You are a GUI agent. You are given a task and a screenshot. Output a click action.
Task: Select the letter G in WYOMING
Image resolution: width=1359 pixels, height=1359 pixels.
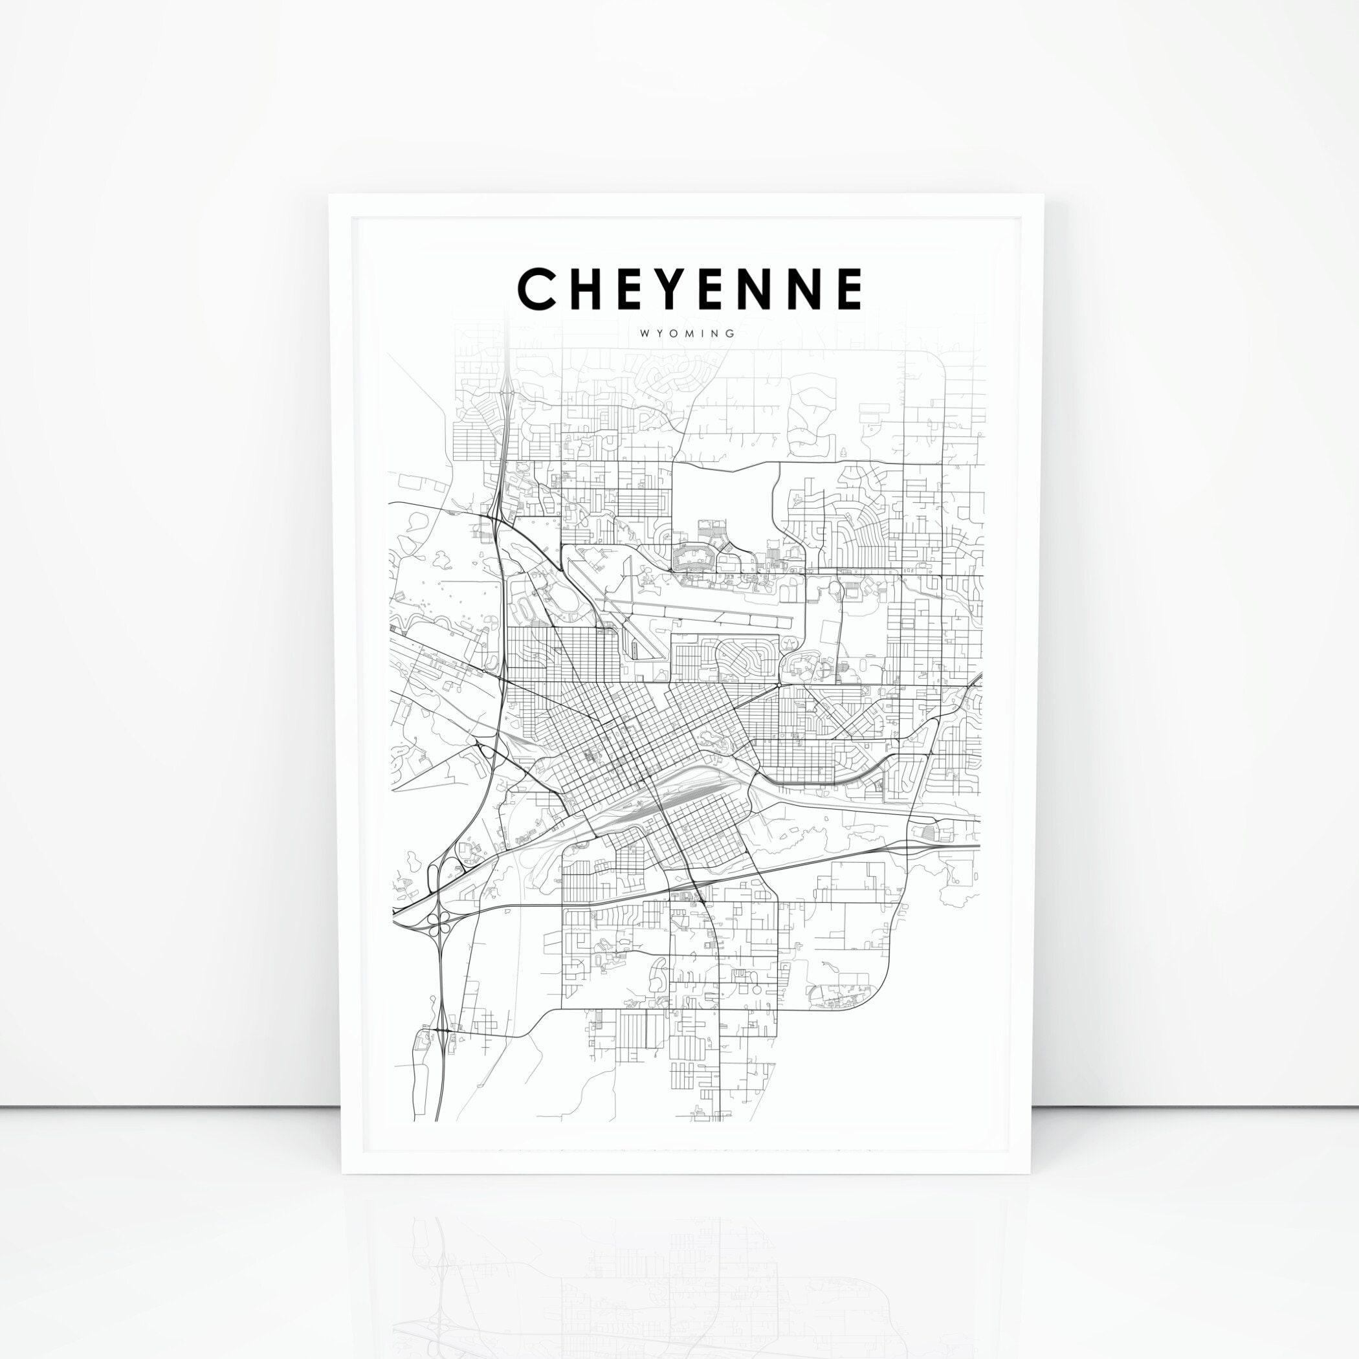click(x=731, y=333)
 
